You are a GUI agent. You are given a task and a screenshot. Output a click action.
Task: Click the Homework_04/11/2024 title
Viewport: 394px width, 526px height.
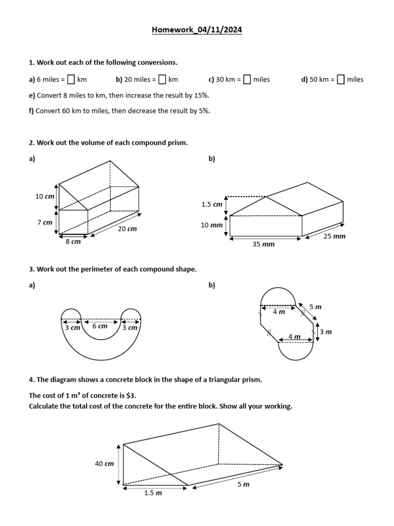click(196, 30)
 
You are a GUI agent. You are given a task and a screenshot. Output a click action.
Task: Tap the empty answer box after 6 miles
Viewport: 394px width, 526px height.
click(71, 80)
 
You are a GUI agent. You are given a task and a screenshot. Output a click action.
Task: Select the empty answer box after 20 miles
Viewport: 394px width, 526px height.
click(162, 80)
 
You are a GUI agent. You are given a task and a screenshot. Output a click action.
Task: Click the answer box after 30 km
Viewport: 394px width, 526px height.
click(247, 80)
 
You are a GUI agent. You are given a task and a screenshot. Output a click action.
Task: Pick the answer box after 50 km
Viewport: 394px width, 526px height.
click(341, 80)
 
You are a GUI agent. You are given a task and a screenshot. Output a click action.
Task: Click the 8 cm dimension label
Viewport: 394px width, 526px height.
click(73, 242)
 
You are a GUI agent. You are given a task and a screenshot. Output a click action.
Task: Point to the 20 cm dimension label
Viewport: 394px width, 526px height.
click(127, 229)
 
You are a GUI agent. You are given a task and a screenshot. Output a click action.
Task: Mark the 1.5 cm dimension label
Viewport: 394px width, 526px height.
click(212, 204)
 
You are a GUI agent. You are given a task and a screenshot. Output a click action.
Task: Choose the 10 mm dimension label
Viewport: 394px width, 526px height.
click(212, 226)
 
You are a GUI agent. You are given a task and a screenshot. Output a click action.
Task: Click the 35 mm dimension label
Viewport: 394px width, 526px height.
click(263, 245)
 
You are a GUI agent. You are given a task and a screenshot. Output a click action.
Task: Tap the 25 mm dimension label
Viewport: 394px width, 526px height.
click(334, 236)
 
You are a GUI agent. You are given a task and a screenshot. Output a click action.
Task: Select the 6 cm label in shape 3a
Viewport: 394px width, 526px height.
click(100, 326)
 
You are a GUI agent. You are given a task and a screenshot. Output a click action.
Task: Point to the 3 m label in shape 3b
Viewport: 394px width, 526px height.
click(326, 332)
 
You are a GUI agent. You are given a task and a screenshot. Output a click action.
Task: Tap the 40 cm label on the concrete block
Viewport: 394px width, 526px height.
click(104, 464)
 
